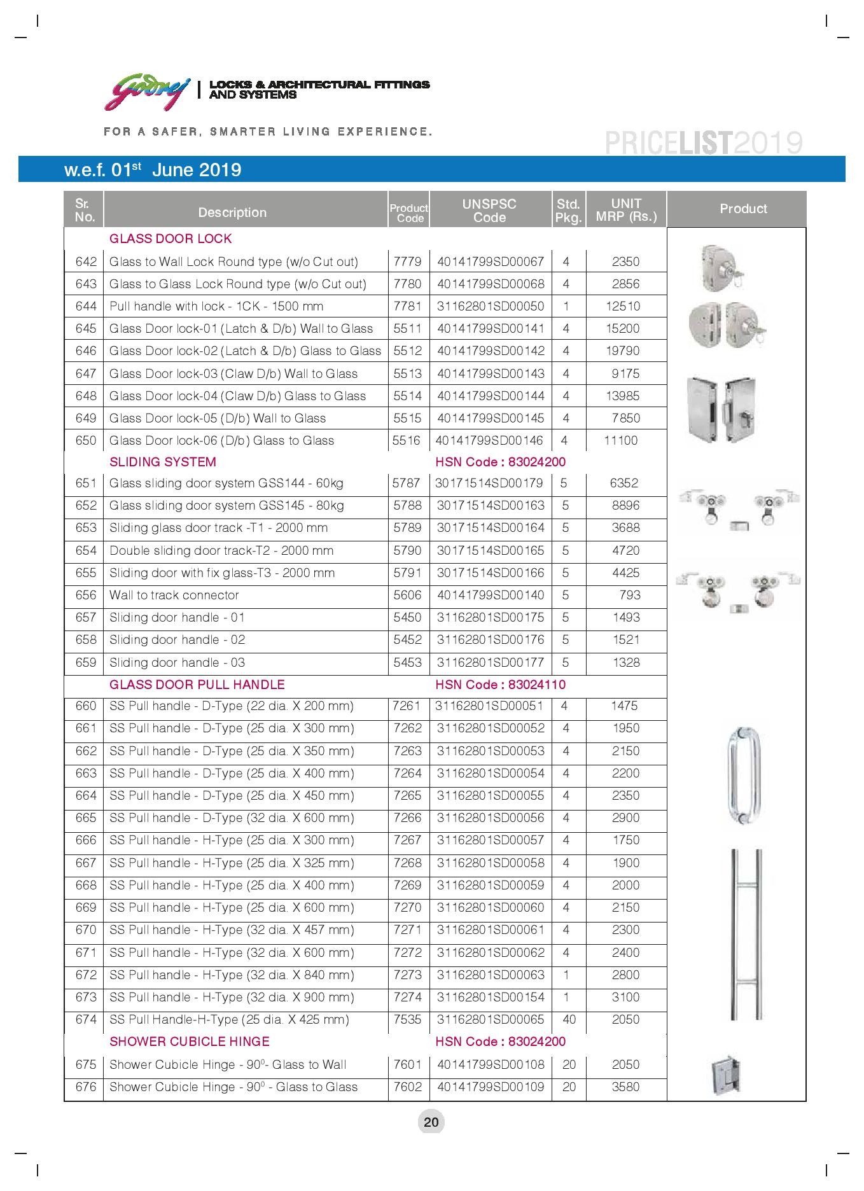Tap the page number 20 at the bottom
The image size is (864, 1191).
click(431, 1122)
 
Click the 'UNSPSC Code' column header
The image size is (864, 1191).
click(489, 211)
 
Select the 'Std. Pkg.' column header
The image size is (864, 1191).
click(568, 211)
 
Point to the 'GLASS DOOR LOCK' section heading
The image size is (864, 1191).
click(171, 239)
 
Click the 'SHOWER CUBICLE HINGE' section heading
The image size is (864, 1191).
click(189, 1041)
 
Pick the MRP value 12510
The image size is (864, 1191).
click(623, 306)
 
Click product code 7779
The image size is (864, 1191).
click(407, 261)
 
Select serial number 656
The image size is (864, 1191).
click(86, 595)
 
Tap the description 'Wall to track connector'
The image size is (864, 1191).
click(174, 595)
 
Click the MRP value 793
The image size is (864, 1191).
click(629, 595)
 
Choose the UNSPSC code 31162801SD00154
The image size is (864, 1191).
click(491, 997)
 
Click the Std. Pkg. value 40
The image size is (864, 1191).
click(569, 1019)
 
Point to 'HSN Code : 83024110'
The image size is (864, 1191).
click(500, 685)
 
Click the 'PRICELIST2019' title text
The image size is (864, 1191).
click(703, 144)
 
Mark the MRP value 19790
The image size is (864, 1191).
click(623, 351)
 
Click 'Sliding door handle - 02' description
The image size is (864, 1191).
click(177, 639)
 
